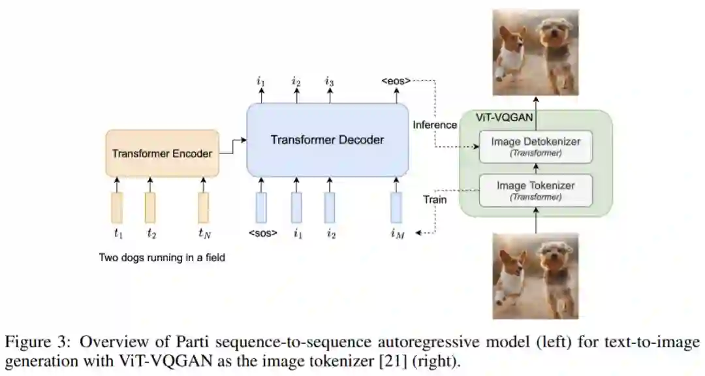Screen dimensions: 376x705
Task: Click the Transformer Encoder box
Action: click(x=162, y=153)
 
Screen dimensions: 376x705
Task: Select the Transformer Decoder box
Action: click(x=327, y=140)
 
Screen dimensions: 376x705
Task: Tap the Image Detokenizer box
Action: click(x=535, y=146)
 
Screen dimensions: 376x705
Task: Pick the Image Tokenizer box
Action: click(x=535, y=191)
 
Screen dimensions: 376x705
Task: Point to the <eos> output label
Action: click(x=396, y=82)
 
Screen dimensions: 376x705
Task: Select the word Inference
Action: click(x=435, y=124)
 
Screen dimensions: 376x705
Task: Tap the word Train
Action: click(x=435, y=199)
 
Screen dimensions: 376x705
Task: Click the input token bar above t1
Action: click(x=117, y=207)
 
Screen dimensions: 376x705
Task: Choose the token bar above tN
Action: click(x=204, y=207)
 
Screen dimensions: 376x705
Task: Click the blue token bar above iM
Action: click(x=396, y=207)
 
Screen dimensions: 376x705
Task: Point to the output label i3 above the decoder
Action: click(x=330, y=82)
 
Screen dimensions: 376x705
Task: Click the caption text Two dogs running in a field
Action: click(x=162, y=258)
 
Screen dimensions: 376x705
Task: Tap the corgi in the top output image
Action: click(x=511, y=52)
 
